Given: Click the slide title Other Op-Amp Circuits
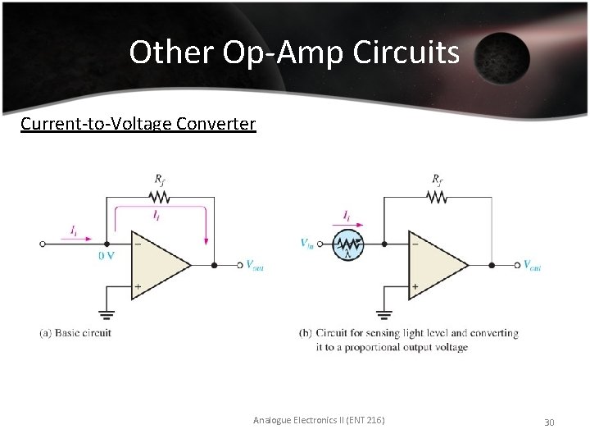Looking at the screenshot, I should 294,53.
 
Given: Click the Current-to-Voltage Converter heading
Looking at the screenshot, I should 138,124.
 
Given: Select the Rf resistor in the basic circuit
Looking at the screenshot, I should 159,197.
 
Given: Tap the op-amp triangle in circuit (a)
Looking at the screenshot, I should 159,265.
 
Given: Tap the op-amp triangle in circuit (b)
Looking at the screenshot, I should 437,265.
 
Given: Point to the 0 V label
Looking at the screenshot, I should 107,256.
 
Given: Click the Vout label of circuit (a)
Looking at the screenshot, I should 256,265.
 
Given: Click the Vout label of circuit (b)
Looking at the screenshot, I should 533,265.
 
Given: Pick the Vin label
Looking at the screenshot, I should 308,244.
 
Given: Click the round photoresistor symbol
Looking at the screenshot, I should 350,244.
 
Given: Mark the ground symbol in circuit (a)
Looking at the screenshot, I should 106,313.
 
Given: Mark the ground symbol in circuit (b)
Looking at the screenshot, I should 383,313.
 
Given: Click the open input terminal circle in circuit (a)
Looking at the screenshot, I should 43,244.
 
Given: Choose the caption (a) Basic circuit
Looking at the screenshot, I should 75,333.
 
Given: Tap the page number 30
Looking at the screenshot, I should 549,422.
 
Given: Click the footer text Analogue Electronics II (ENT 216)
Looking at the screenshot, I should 319,421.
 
